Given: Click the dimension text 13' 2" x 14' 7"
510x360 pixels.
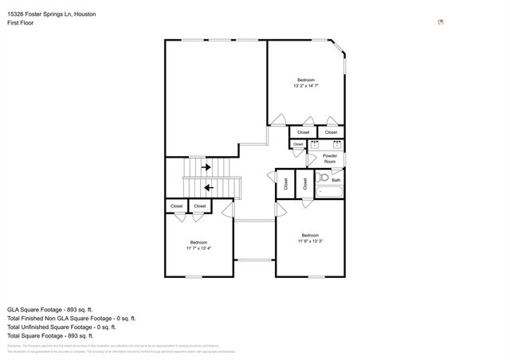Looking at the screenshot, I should (306, 88).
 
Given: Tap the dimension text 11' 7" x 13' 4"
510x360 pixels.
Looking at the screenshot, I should (198, 248).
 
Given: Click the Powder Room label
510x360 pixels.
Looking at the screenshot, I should (331, 158).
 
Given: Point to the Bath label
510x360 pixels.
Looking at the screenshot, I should (336, 180).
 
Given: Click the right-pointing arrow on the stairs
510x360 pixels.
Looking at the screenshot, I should (206, 167).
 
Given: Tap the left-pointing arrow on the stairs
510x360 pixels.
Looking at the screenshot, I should (208, 188).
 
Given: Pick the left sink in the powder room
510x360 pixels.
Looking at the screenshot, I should (316, 144).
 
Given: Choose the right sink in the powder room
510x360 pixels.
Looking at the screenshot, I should (337, 144).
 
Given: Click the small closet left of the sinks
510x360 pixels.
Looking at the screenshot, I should (297, 144).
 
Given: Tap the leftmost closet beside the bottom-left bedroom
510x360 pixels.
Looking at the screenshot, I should (176, 206).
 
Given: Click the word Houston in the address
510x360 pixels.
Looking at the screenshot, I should (84, 14).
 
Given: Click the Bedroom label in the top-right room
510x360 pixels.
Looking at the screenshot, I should (306, 80).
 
